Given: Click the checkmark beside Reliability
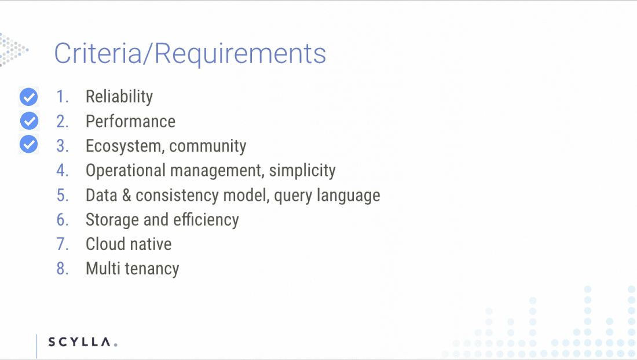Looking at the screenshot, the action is tap(28, 97).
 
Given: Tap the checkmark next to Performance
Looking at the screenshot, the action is tap(30, 121).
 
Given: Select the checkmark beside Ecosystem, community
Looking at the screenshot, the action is tap(28, 145).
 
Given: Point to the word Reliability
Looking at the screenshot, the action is tap(119, 97).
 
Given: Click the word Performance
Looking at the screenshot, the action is tap(130, 122).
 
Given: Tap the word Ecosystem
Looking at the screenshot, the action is tap(123, 146).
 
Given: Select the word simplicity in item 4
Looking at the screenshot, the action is tap(302, 171).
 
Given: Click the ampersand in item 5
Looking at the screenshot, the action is tap(126, 195).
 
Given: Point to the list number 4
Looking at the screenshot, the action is tap(62, 171).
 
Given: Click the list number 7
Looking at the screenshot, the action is tap(62, 244).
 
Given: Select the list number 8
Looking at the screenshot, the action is tap(62, 269).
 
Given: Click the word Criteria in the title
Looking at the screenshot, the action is tap(97, 53).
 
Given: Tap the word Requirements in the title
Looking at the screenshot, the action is tap(240, 54).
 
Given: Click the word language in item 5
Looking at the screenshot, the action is tap(348, 195).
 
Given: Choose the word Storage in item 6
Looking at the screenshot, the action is tap(112, 219).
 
